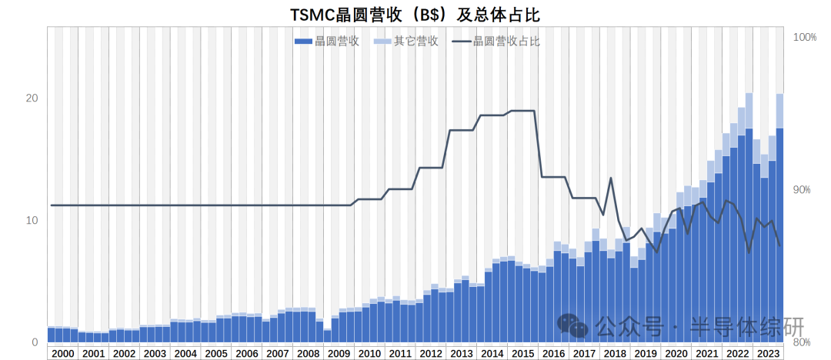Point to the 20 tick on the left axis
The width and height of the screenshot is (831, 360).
click(31, 98)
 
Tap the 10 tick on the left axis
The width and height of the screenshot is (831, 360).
click(31, 220)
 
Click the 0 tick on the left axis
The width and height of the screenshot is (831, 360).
click(35, 342)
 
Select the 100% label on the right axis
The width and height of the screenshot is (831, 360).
click(804, 38)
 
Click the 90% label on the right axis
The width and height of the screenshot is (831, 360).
click(802, 190)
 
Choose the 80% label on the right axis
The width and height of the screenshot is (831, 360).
click(802, 342)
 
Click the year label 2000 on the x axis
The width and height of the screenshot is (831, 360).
click(62, 353)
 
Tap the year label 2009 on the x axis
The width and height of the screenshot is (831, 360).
click(339, 353)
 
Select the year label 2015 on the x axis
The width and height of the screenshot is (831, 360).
click(522, 353)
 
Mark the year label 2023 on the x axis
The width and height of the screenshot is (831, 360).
click(768, 353)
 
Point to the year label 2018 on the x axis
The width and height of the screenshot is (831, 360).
click(615, 353)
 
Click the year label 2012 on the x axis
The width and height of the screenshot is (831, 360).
click(431, 353)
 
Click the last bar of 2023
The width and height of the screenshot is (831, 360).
click(779, 231)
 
